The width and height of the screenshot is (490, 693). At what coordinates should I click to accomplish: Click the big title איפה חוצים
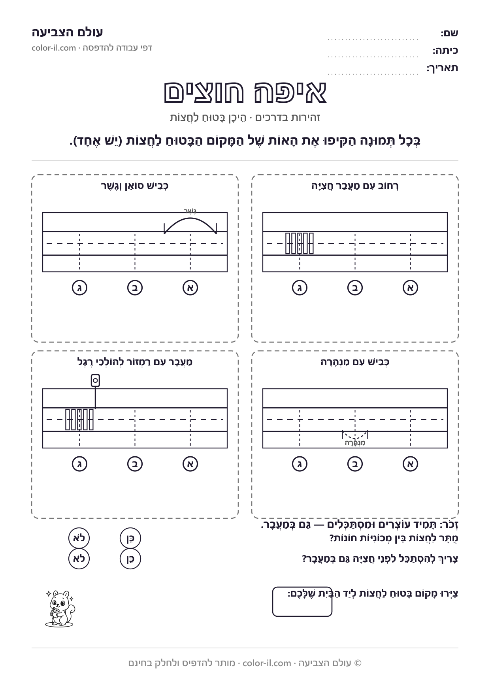pos(245,92)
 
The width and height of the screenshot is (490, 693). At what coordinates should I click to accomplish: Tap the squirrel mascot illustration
pos(60,608)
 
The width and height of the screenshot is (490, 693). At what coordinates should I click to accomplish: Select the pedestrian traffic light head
pos(95,380)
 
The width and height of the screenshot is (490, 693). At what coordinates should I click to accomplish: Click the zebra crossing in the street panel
pos(300,243)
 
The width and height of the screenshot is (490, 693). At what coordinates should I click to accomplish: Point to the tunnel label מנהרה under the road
pos(355,443)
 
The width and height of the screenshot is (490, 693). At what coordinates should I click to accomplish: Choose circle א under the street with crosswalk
pos(410,288)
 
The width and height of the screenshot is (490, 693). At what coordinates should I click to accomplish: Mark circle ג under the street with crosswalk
pos(300,288)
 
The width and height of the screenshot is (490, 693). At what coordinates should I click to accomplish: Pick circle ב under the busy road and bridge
pos(135,288)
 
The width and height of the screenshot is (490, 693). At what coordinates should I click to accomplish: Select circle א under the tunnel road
pos(410,464)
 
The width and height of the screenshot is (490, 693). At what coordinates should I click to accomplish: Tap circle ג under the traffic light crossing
pos(79,464)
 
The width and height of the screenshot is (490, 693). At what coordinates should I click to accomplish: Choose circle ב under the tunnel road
pos(355,464)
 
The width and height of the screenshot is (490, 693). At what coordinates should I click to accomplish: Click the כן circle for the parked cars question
pos(130,538)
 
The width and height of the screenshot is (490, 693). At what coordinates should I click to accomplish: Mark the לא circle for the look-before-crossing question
pos(79,559)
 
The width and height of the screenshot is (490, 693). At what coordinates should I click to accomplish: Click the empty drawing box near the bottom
pos(302,602)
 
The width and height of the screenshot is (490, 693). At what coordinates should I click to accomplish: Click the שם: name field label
pos(449,33)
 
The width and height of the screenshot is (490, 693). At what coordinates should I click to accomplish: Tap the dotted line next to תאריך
pos(373,74)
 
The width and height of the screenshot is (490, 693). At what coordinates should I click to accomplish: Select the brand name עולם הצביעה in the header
pos(67,32)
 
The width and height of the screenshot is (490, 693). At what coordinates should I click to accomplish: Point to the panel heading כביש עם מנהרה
pos(355,362)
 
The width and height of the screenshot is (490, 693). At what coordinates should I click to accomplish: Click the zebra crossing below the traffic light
pos(79,419)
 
